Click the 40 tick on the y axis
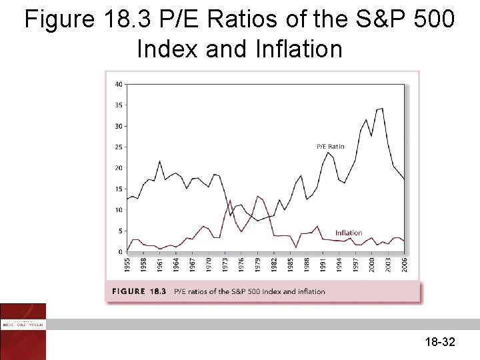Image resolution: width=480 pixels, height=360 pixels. coord(118,84)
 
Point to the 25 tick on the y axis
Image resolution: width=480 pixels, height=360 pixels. coord(118,147)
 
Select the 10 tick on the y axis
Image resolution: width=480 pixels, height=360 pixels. coord(118,210)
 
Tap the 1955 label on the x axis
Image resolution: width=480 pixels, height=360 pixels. coord(127,263)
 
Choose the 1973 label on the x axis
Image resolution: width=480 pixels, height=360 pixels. coord(225,263)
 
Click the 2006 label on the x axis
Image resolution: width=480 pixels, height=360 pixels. coord(405,263)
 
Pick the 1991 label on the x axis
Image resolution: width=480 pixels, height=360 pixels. coord(323,263)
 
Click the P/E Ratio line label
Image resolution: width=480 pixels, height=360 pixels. coord(330,147)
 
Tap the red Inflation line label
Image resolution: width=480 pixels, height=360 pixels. coord(349,233)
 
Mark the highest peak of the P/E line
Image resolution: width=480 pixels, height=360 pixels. coord(382,108)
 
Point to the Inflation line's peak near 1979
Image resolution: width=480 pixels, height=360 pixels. coord(257,196)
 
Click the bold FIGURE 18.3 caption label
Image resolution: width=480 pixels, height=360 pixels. coord(139,291)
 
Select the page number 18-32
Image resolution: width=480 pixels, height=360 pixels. coord(439,342)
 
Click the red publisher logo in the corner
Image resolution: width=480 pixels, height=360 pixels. coord(23,331)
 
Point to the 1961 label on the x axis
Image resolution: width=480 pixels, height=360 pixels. coord(159,263)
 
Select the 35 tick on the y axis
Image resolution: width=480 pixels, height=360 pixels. coord(118,105)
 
